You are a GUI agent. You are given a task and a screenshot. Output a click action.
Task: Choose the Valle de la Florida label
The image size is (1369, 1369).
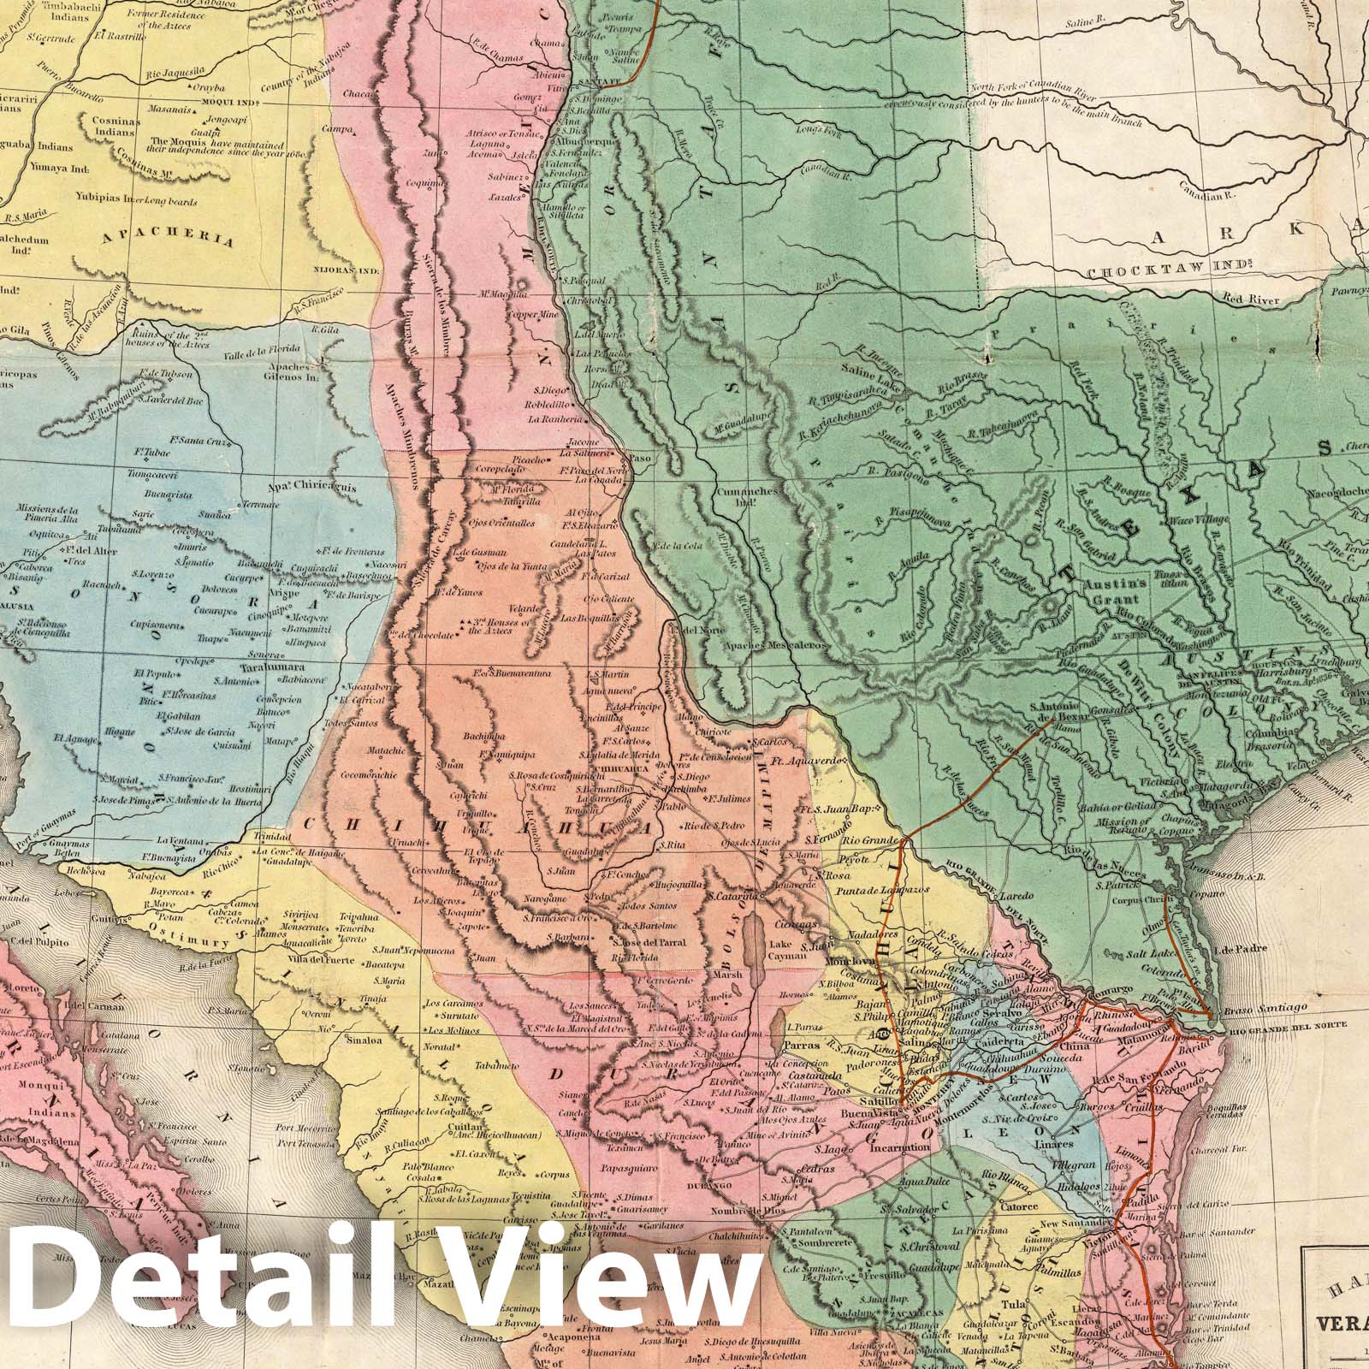pos(255,362)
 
